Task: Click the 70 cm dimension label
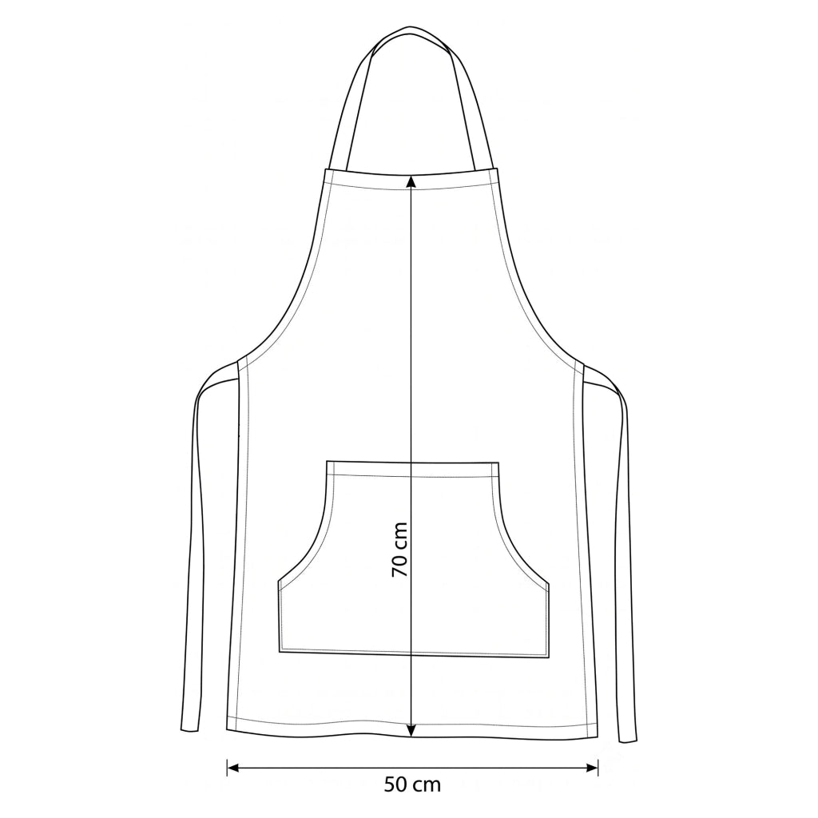399,550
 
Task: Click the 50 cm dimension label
412,784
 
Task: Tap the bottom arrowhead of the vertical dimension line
411,730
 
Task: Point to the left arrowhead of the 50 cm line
232,767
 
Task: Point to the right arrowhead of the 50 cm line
592,767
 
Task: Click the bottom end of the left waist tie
189,732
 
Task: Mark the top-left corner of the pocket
327,461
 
